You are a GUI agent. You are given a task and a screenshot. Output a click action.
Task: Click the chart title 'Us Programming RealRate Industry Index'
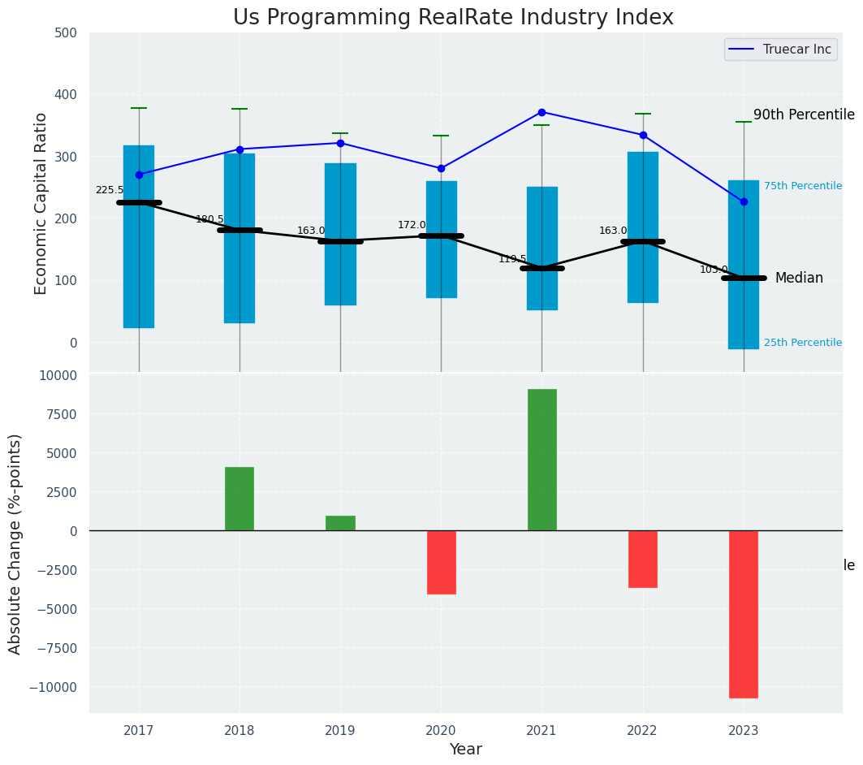[x=453, y=18]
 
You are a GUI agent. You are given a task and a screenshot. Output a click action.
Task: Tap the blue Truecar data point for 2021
[x=542, y=112]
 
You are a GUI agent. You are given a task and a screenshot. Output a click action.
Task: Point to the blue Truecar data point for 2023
[x=744, y=201]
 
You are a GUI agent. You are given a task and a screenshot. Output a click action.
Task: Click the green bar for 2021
[x=542, y=460]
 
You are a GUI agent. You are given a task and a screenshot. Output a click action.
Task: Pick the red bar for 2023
[x=744, y=614]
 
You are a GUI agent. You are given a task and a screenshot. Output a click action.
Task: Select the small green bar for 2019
[x=340, y=523]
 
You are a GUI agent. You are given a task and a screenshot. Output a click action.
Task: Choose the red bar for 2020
[x=441, y=562]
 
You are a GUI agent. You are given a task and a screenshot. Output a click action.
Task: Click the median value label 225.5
[x=110, y=190]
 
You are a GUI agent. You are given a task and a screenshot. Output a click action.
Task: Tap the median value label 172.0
[x=412, y=225]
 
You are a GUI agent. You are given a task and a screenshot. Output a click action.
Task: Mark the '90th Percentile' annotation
[x=804, y=115]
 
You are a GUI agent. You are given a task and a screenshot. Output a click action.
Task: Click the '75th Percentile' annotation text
[x=803, y=186]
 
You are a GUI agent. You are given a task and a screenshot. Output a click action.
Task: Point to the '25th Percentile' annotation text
[x=803, y=343]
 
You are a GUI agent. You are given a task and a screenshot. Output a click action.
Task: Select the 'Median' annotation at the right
[x=799, y=278]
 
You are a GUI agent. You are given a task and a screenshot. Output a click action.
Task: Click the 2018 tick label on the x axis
[x=239, y=730]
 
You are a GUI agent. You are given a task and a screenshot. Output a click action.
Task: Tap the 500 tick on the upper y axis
[x=66, y=33]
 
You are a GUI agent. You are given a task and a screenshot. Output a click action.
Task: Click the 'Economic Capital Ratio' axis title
[x=41, y=202]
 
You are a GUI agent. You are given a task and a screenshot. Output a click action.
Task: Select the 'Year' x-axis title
[x=466, y=750]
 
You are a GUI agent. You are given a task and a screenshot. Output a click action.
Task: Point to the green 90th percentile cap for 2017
[x=139, y=108]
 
